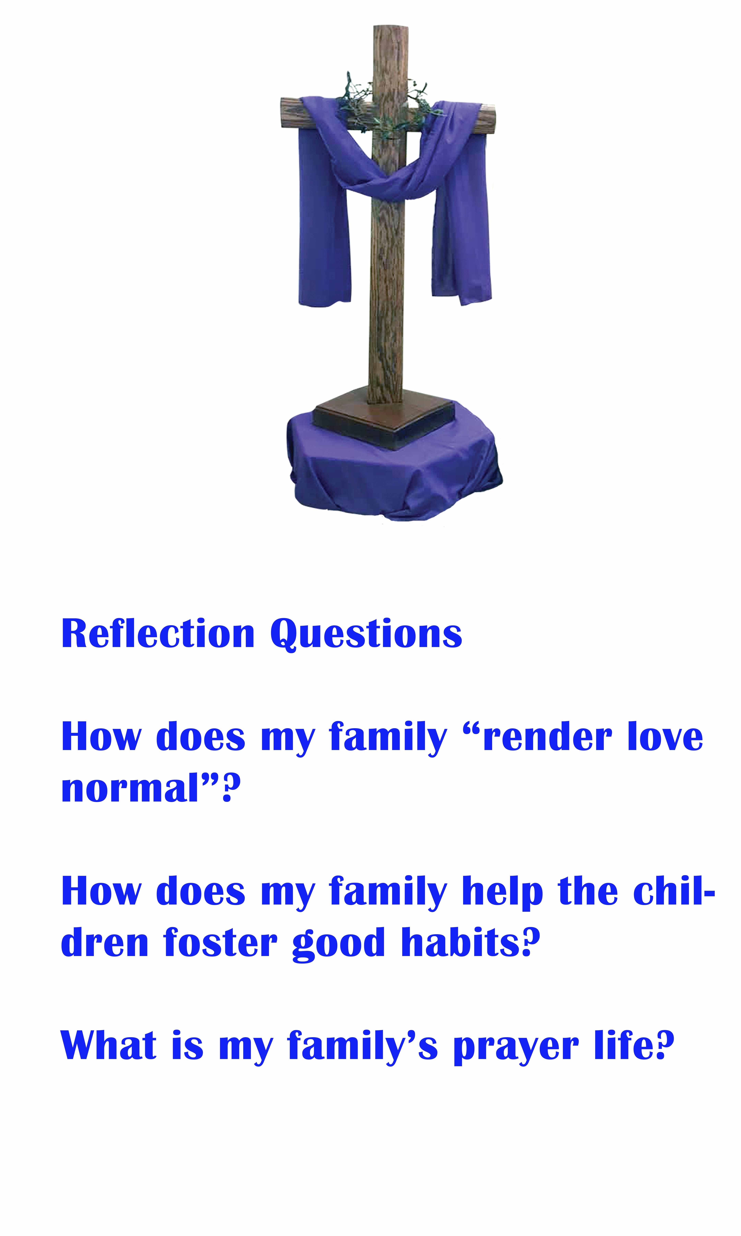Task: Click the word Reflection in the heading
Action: tap(158, 633)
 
